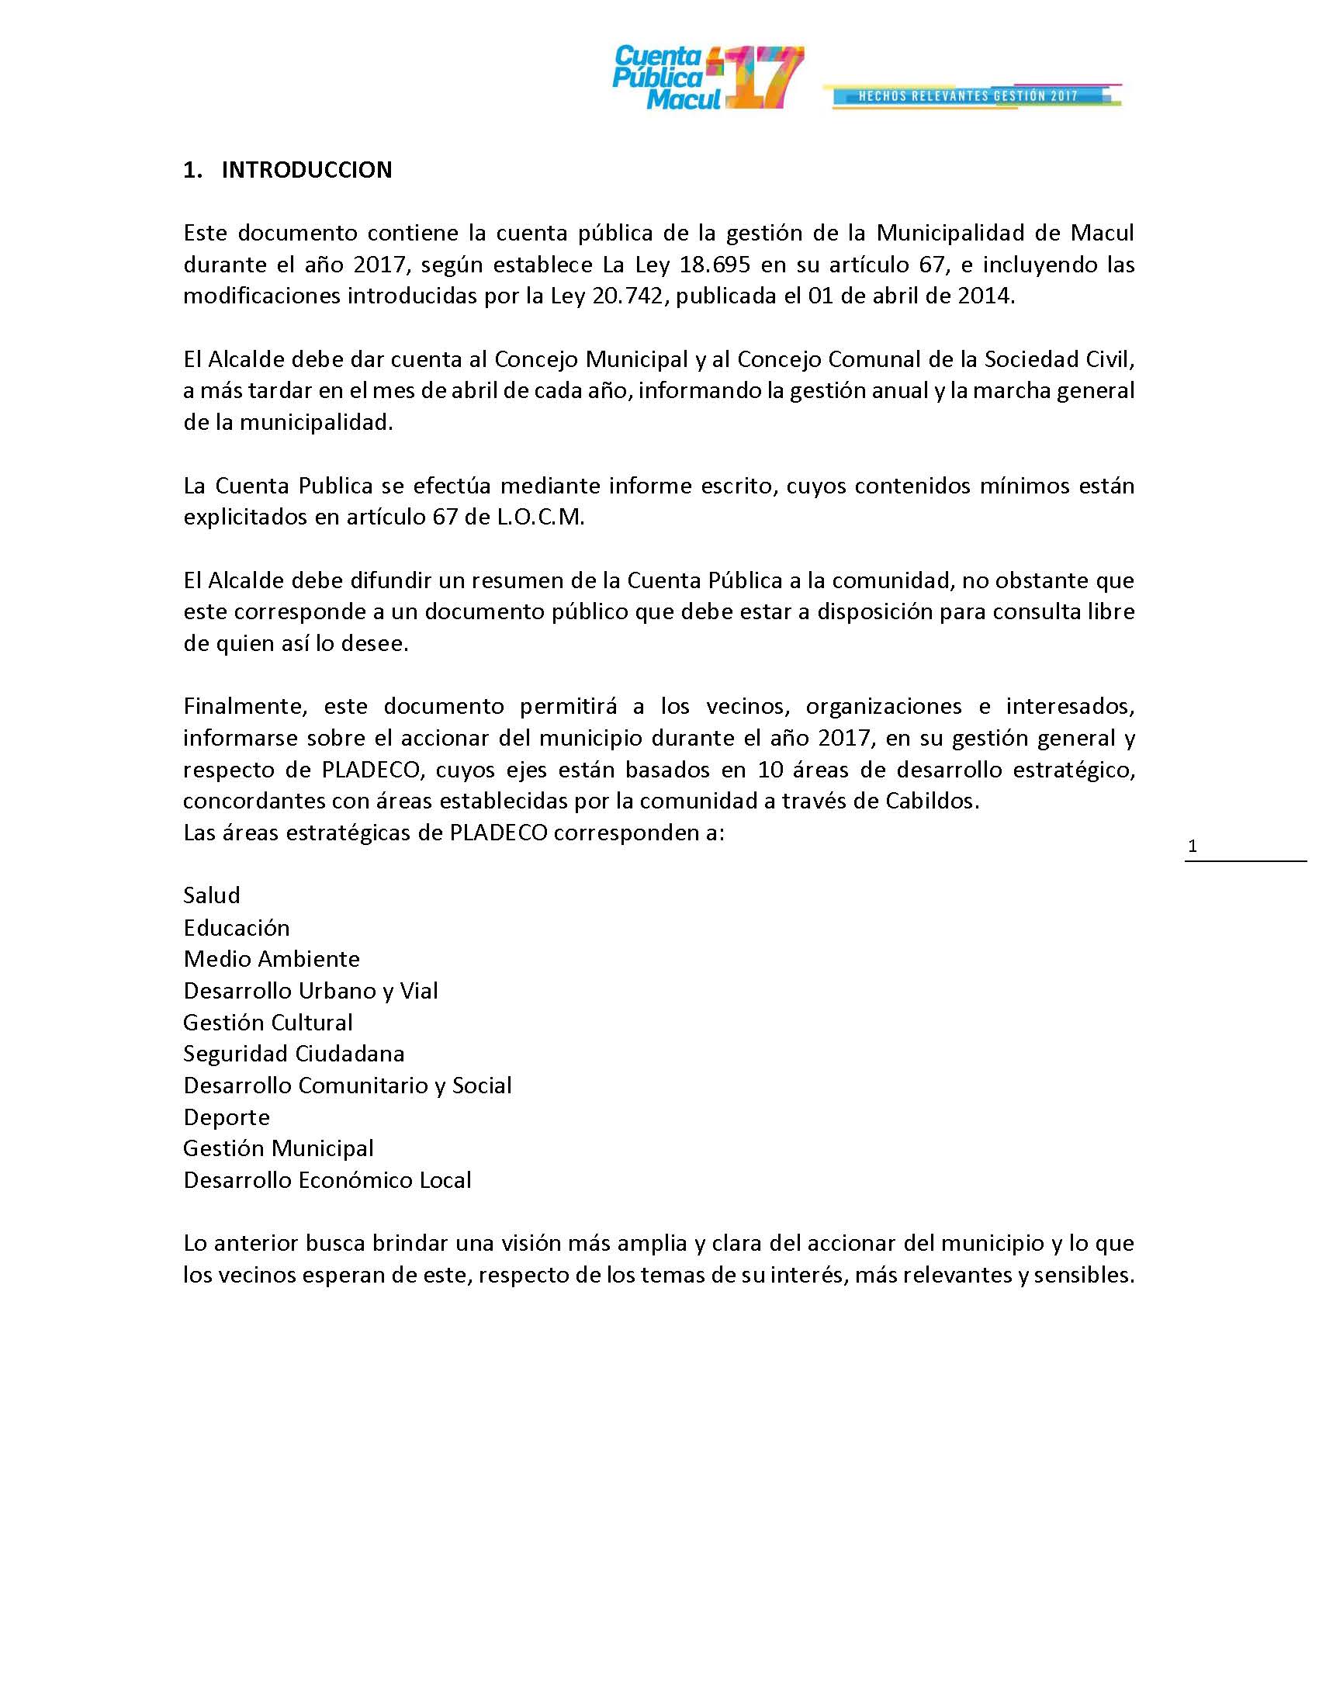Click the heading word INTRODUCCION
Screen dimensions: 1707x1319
(306, 170)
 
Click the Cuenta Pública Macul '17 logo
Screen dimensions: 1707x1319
(708, 78)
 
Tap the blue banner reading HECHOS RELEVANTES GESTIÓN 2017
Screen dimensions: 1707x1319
(969, 96)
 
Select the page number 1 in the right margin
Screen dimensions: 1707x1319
(1193, 847)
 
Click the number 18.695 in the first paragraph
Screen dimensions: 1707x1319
(715, 265)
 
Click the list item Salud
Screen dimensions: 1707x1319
(212, 895)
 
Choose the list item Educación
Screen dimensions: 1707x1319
(237, 928)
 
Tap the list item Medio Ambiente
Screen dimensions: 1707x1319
(272, 959)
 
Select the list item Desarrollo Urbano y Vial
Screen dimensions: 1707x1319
(311, 991)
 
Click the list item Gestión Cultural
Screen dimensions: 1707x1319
(268, 1023)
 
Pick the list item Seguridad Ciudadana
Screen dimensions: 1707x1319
(294, 1054)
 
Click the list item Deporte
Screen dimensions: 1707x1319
(227, 1117)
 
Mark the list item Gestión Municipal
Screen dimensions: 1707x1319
(279, 1148)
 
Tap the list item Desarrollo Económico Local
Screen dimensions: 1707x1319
(327, 1180)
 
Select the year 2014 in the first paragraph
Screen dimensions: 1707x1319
(985, 297)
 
